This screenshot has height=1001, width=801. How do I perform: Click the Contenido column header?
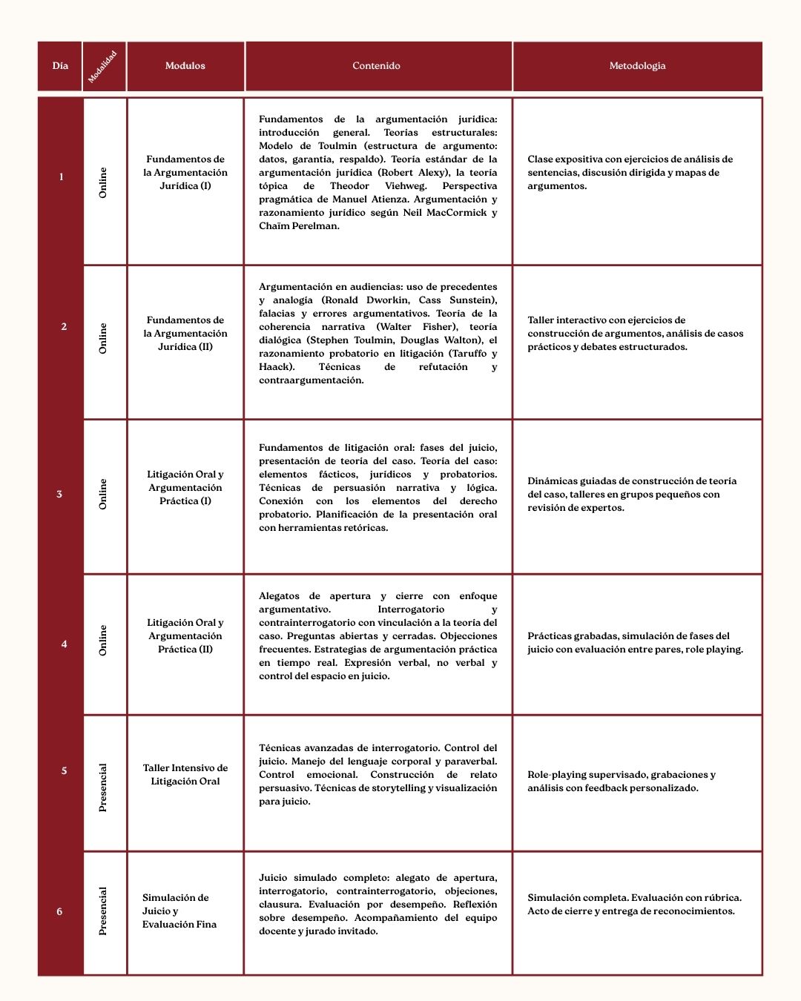[376, 66]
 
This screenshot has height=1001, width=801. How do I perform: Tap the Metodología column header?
[637, 66]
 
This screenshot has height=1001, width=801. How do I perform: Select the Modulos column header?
[185, 66]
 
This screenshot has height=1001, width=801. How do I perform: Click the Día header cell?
[60, 66]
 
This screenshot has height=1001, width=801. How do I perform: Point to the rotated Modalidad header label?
[103, 67]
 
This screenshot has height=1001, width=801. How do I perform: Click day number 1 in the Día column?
[61, 176]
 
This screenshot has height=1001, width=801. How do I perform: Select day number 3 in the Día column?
[59, 494]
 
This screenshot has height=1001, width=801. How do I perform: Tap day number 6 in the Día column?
[59, 911]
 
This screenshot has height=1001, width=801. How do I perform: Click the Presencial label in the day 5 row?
[103, 787]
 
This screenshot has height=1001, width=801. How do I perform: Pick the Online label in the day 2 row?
[103, 338]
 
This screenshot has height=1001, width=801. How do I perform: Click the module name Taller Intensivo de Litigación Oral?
[185, 774]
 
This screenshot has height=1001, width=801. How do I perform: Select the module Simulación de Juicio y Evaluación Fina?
[179, 911]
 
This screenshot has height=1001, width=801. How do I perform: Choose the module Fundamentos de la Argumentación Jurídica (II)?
[185, 333]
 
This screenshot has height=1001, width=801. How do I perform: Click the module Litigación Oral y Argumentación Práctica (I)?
[185, 487]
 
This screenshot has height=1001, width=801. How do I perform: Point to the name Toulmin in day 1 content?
[337, 146]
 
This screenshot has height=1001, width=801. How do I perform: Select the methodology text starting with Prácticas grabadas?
[635, 642]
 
